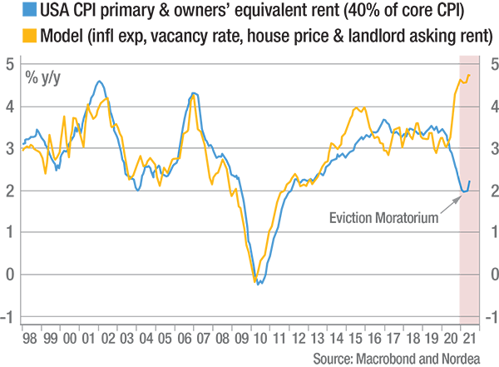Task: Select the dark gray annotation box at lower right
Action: (378, 213)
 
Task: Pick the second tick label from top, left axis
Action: (8, 100)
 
